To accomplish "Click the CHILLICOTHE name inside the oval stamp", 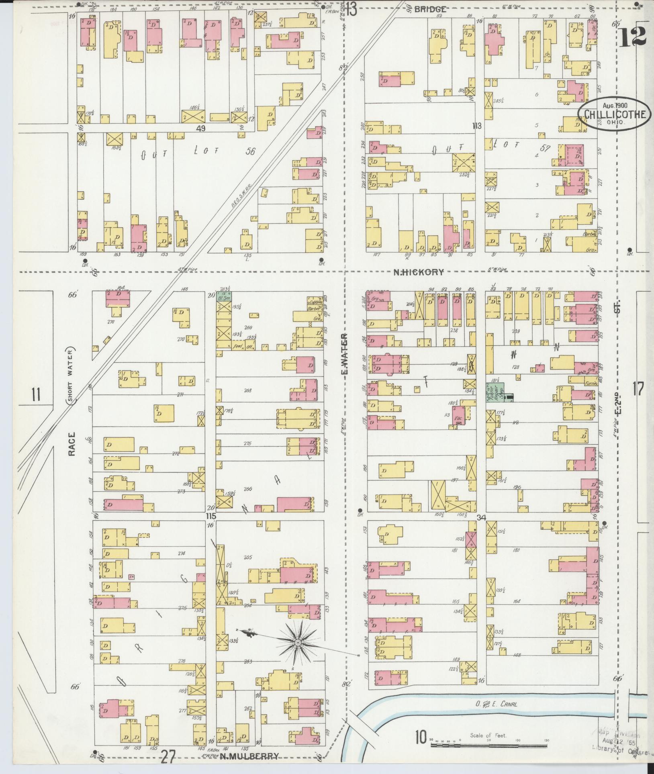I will click(615, 114).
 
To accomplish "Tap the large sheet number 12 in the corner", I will click(633, 37).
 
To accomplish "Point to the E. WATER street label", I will click(344, 353).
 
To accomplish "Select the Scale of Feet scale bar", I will click(488, 745).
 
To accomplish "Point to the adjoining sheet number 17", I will click(638, 389).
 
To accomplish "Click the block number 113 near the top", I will click(476, 126).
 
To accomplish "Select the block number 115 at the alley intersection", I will click(211, 516).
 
